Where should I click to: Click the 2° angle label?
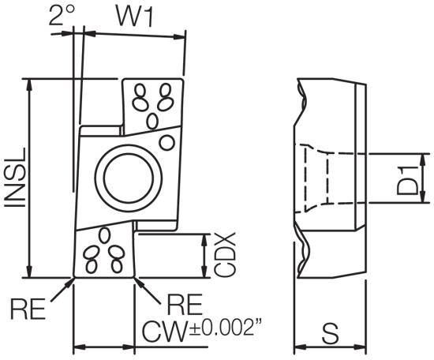pos(62,14)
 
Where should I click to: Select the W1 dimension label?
pos(134,16)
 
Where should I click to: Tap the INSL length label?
pos(16,177)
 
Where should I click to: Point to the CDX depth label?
pos(225,255)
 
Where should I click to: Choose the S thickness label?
pos(330,333)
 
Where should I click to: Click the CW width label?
pos(164,332)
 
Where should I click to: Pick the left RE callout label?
pos(28,308)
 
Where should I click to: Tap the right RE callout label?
pos(185,304)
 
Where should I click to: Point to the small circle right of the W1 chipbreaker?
pos(167,143)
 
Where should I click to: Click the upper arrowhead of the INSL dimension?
pos(28,84)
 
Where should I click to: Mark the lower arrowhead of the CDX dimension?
pos(204,272)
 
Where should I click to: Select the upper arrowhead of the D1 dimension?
pos(423,159)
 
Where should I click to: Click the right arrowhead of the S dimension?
pos(360,347)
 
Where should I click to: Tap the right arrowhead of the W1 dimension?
pos(179,36)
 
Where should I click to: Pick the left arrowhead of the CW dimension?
pos(80,347)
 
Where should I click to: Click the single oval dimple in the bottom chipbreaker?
pos(104,234)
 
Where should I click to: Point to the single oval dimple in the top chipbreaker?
pos(152,121)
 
